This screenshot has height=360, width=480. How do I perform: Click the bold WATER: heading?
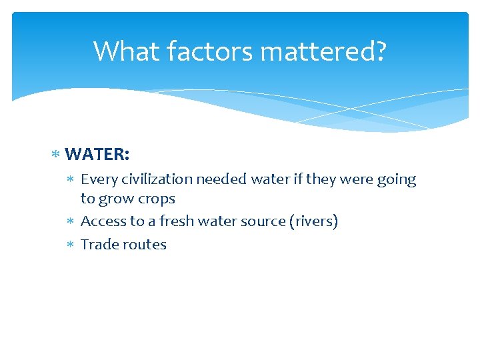tap(97, 155)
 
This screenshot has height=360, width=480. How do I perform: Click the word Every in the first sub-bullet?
tap(99, 180)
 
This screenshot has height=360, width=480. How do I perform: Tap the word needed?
tap(228, 180)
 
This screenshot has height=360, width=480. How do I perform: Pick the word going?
tap(396, 180)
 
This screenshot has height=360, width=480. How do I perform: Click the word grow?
tap(115, 199)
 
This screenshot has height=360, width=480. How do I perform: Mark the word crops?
tap(156, 199)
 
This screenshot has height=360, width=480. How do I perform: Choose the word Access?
tap(103, 221)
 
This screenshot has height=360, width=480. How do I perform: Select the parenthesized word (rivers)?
tap(313, 221)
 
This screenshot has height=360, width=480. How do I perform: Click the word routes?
tap(147, 245)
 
